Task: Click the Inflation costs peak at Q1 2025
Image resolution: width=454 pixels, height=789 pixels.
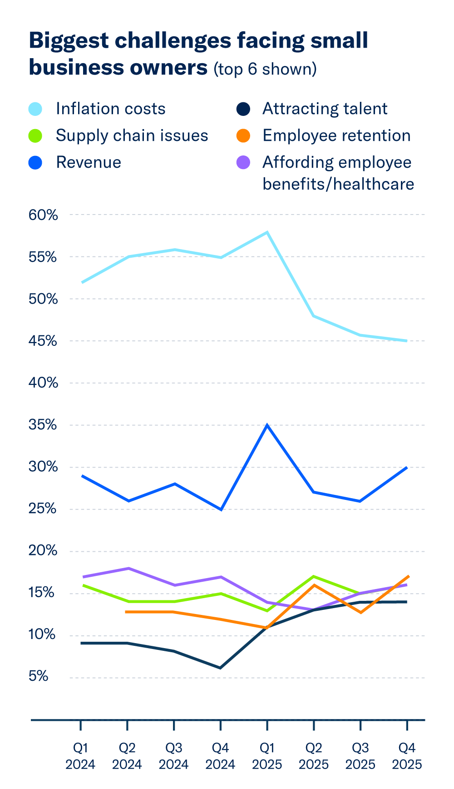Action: coord(267,232)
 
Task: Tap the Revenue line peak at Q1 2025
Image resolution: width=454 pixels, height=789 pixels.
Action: coord(267,425)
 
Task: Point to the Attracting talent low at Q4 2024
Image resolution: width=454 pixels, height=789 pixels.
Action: coord(221,668)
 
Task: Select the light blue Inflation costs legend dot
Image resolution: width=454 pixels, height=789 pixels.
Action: coord(35,109)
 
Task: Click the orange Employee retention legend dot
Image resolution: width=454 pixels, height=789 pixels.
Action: coord(244,136)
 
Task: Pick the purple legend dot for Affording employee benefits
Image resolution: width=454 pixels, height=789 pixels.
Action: coord(244,163)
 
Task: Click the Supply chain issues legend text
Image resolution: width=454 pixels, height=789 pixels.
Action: coord(132,136)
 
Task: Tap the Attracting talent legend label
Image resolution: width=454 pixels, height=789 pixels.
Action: coord(325,109)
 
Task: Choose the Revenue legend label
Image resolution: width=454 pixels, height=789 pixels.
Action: coord(89,163)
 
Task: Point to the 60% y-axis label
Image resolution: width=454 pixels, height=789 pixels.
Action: coord(44,215)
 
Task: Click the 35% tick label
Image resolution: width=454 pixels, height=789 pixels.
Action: coord(44,425)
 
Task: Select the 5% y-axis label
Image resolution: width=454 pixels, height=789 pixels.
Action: coord(39,677)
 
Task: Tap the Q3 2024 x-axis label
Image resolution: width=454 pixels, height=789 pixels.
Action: coord(174,756)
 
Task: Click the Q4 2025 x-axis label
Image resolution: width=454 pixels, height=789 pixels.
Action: coord(407,756)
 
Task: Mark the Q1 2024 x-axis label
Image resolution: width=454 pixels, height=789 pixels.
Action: coord(80,756)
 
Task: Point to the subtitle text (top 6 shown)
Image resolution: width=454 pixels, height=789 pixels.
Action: coord(265,69)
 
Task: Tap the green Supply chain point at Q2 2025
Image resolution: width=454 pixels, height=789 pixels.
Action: coord(314,576)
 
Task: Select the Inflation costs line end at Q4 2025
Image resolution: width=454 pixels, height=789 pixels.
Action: coord(406,340)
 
